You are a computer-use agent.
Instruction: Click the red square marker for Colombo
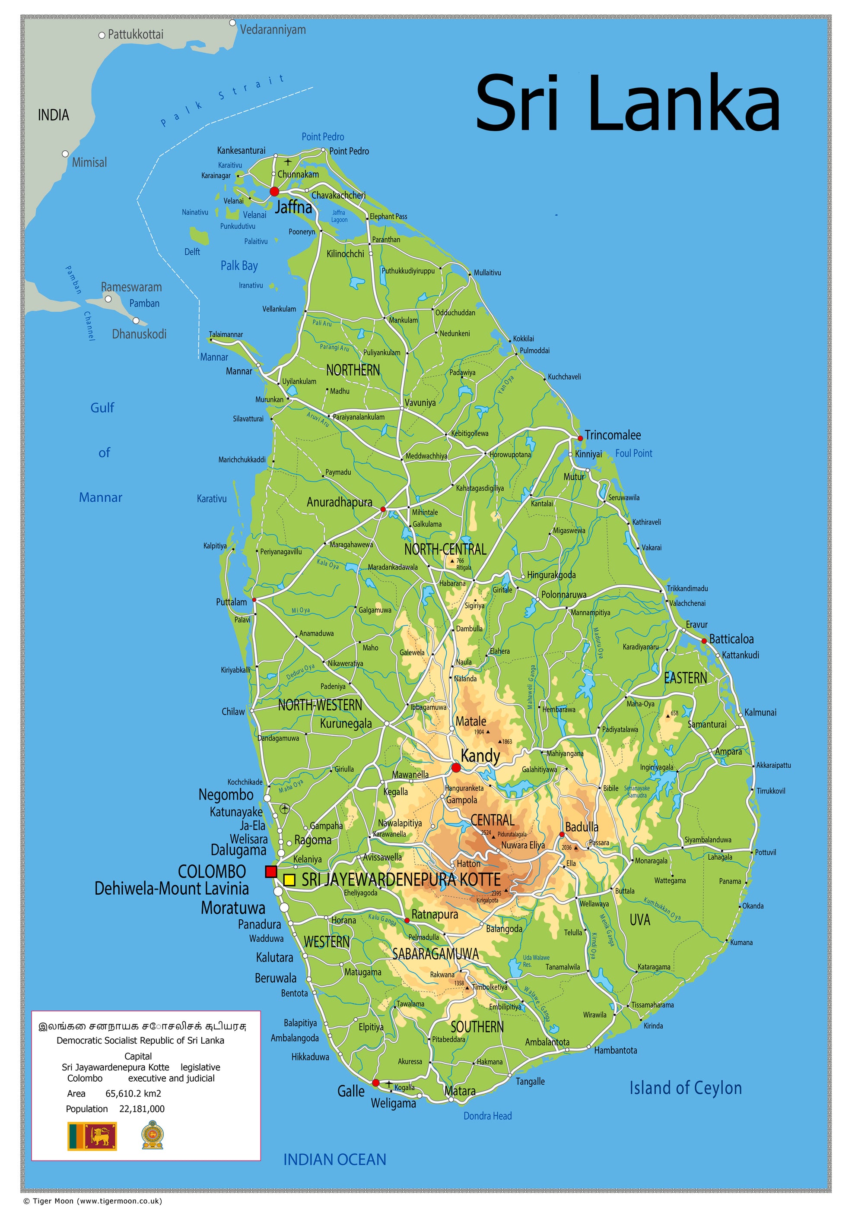click(x=271, y=871)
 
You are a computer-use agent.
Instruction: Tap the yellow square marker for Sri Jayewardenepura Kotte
click(x=289, y=880)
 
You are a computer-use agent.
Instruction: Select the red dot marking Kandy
click(x=456, y=768)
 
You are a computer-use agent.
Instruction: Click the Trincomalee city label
click(x=613, y=435)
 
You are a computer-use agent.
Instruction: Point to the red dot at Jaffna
click(x=274, y=191)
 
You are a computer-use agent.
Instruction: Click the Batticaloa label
click(x=731, y=639)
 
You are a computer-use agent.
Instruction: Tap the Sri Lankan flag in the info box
click(x=92, y=1136)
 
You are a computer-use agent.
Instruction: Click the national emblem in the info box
click(x=152, y=1135)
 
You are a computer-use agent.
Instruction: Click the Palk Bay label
click(x=239, y=266)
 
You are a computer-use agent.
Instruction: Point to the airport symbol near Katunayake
click(x=284, y=808)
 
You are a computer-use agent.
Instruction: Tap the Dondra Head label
click(x=487, y=1115)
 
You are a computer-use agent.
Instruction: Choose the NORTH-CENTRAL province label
click(x=445, y=549)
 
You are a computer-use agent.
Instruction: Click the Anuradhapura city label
click(x=339, y=502)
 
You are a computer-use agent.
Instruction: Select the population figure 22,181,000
click(x=142, y=1108)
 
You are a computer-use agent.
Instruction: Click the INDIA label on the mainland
click(x=53, y=115)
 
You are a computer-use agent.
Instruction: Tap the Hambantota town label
click(x=615, y=1050)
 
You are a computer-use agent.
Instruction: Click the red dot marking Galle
click(x=375, y=1082)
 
